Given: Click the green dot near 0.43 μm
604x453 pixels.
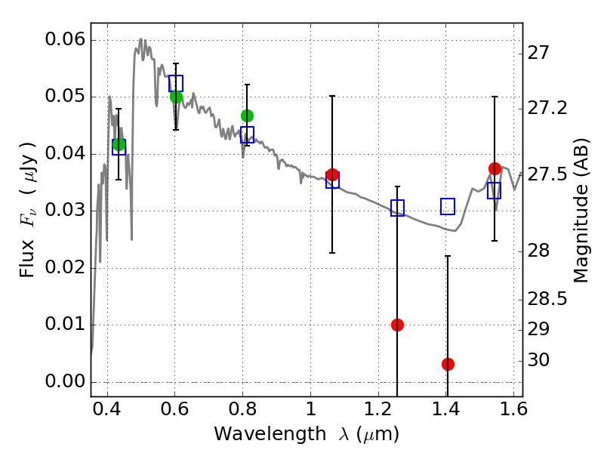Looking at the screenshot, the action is click(x=119, y=145).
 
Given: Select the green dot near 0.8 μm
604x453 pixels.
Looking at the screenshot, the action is click(x=248, y=116).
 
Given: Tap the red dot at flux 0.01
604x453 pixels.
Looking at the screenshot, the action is click(x=397, y=325).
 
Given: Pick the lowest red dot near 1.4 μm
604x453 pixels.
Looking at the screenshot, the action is click(x=448, y=364).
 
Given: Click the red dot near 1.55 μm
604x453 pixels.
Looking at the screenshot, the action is click(x=495, y=168).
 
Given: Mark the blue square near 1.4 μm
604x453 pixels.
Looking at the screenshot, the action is click(x=448, y=206).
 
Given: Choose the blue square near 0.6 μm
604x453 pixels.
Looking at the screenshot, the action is click(x=176, y=83).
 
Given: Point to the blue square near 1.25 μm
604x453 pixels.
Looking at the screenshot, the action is click(x=397, y=208).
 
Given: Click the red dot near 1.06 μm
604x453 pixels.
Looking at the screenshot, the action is click(x=332, y=174).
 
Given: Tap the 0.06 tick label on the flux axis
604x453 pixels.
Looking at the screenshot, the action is click(x=65, y=39).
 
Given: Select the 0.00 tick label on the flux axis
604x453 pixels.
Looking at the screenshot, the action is click(x=65, y=381).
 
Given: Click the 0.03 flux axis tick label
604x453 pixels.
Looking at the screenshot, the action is click(x=65, y=211).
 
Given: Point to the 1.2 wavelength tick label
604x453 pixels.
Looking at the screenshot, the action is click(x=378, y=409).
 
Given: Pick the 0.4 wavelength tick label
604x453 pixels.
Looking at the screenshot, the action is click(x=106, y=409).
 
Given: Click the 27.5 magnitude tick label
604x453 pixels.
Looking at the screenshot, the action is click(x=547, y=174).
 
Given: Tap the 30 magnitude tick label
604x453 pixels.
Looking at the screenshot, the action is click(x=538, y=360).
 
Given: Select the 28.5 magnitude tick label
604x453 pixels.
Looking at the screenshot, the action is click(x=547, y=299).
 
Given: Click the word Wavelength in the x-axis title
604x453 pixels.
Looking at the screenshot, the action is click(x=270, y=434).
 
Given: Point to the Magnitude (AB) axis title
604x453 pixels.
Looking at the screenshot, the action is click(x=581, y=211).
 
